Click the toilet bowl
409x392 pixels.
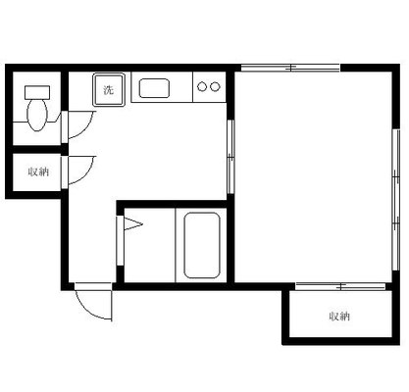click(x=37, y=115)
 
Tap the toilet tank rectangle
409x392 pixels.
click(x=37, y=92)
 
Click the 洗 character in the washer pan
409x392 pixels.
click(x=109, y=90)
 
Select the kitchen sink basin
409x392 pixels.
click(x=154, y=88)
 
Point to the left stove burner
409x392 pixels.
click(x=202, y=87)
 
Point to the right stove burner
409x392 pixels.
click(x=215, y=87)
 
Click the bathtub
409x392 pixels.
click(x=201, y=245)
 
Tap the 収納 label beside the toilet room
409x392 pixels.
click(x=38, y=171)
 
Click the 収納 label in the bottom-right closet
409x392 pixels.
click(x=339, y=316)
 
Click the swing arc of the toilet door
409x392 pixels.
click(x=86, y=129)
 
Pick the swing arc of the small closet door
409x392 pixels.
click(x=86, y=174)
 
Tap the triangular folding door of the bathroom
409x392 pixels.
click(x=132, y=224)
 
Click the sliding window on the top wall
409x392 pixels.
click(x=290, y=68)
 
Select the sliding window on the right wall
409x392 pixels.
click(x=396, y=200)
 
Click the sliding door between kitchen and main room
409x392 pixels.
click(x=230, y=157)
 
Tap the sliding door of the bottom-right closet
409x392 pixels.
click(x=340, y=287)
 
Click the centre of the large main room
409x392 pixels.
click(x=313, y=176)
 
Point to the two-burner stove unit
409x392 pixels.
click(x=209, y=87)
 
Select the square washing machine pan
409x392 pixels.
click(x=109, y=89)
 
